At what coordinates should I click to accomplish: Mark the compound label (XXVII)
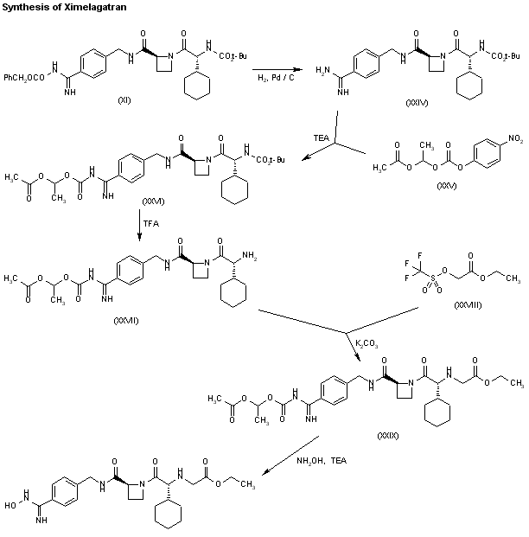point(127,320)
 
